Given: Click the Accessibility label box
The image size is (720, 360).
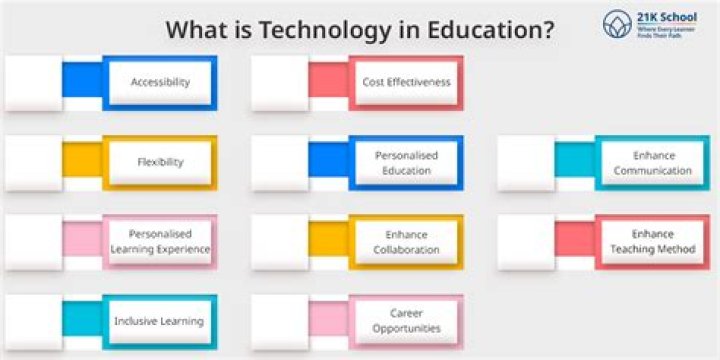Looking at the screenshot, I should (160, 82).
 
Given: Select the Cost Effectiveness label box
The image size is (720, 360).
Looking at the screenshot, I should (406, 82).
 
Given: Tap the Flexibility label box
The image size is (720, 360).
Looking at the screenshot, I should (160, 162).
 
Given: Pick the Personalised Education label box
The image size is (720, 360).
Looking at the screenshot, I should (406, 162).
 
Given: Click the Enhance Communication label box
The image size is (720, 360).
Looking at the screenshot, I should (653, 162).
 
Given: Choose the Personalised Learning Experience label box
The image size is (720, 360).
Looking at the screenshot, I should (160, 241).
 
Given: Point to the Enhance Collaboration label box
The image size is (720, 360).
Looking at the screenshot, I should (406, 241).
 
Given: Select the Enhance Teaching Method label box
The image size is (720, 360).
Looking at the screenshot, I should (653, 241).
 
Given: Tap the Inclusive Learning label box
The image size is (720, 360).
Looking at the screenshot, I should (160, 321).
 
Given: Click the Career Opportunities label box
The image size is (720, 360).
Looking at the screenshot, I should (406, 321).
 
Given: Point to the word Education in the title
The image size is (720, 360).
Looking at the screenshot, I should (489, 29).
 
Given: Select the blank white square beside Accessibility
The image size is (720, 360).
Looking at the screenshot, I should (33, 82).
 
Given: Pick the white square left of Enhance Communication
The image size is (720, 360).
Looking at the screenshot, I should (526, 162).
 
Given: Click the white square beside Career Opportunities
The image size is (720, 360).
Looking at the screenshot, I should (279, 321).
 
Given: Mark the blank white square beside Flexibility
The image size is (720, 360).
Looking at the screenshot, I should (33, 162).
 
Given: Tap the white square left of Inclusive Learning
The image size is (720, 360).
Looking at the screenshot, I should (33, 321).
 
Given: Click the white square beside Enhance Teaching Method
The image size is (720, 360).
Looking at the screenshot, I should (526, 241).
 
